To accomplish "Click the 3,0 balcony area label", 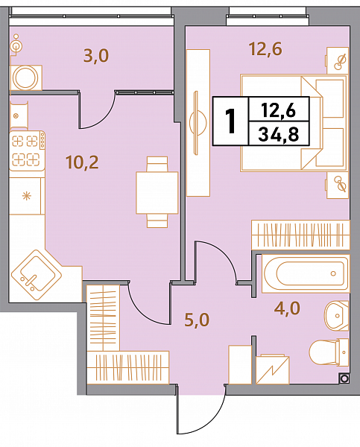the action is (96, 56).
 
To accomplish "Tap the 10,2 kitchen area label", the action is (82, 162).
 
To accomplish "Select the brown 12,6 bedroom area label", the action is (265, 48).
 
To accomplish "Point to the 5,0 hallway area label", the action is (197, 320).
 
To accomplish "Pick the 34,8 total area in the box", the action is (279, 134).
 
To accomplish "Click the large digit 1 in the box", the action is (230, 121).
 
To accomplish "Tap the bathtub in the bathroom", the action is (306, 273).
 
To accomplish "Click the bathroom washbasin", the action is (337, 316).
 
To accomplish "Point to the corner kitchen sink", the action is (37, 275).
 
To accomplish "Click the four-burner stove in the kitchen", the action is (27, 150).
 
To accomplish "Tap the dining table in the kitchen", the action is (157, 192).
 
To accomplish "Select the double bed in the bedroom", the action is (294, 123).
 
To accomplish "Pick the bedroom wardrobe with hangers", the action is (300, 235).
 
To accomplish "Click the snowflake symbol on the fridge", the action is (27, 196).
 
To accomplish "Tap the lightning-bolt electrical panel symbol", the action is (273, 370).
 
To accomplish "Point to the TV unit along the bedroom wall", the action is (198, 123).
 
